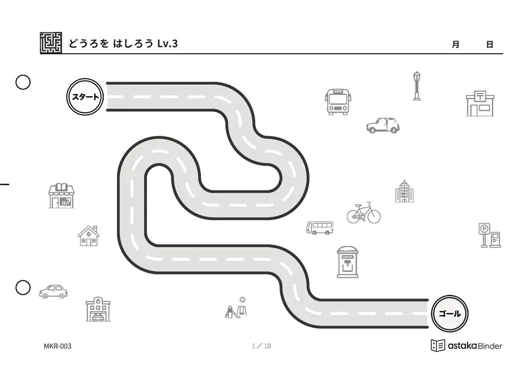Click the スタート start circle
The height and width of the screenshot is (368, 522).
[85, 97]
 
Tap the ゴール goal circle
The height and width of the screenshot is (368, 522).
[450, 313]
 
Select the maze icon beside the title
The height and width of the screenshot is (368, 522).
[51, 43]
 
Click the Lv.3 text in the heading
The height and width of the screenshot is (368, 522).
[168, 43]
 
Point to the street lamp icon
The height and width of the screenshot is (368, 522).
[417, 86]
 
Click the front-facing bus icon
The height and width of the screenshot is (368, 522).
[338, 102]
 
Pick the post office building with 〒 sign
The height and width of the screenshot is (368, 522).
[480, 103]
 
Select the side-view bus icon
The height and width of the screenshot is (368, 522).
[319, 228]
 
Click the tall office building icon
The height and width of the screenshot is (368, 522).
[404, 191]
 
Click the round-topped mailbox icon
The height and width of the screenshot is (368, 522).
[348, 262]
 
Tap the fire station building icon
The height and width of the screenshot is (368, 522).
[98, 309]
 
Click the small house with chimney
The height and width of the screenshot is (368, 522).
[89, 236]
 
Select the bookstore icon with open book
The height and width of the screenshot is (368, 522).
[62, 196]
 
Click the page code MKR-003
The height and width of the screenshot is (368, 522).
[57, 347]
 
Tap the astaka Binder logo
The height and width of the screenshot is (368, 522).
[466, 346]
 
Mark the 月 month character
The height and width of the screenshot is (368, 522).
[455, 44]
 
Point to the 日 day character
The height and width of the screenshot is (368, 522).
[490, 44]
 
